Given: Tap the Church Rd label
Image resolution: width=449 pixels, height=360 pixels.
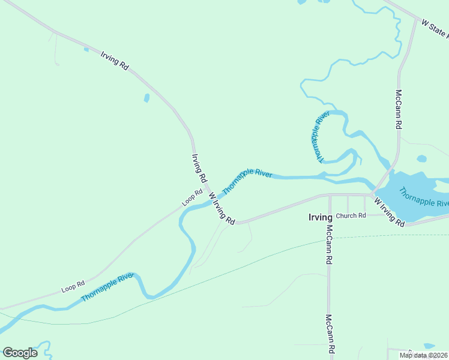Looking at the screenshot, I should coord(351,216).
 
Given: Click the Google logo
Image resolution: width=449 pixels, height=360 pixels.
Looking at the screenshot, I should coord(20,353).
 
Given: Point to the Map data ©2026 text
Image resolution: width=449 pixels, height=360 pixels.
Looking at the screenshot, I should coord(424,355).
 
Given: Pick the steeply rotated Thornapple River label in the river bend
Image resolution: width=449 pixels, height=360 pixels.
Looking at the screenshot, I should coord(318,137).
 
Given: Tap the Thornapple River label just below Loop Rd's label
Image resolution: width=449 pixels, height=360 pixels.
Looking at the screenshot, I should coord(107,287).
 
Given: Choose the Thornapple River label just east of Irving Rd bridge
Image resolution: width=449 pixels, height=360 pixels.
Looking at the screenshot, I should coord(247,181).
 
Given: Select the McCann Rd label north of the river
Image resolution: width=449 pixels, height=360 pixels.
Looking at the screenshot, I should coord(398,110).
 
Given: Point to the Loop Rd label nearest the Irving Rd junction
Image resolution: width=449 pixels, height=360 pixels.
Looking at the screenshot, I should coord(193,197).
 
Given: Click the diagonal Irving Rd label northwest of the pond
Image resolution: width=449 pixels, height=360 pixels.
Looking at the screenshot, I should coord(115,59).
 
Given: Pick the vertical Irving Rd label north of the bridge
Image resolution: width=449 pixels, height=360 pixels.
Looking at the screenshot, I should coord(199,168).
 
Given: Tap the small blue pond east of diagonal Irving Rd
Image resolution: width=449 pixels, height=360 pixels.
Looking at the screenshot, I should coord(146,98).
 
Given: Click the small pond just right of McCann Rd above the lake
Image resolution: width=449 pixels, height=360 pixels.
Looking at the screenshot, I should coord(421,159).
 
